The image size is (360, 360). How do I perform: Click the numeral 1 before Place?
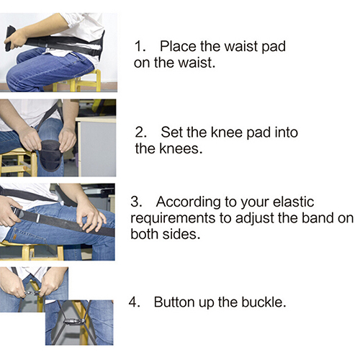[140, 46]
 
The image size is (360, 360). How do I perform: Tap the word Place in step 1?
[178, 46]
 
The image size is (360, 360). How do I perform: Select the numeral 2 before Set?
[140, 132]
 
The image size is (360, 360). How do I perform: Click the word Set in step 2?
[172, 132]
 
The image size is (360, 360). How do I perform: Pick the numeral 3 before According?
[136, 202]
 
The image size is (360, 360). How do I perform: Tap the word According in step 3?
[189, 202]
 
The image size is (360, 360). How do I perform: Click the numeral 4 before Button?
[134, 302]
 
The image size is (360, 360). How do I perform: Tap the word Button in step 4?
[175, 302]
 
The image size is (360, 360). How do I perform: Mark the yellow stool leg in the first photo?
[97, 81]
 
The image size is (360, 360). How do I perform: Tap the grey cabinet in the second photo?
[96, 146]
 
